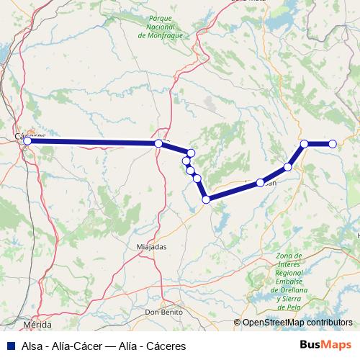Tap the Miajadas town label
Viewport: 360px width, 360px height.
151,246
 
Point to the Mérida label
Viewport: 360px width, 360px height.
37,325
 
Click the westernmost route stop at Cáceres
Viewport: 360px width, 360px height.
27,141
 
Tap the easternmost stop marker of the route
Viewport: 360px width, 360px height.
333,144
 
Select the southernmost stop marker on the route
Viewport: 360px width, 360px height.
207,199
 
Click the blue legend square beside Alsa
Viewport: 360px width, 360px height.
8,346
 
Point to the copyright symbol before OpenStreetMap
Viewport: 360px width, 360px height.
237,324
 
